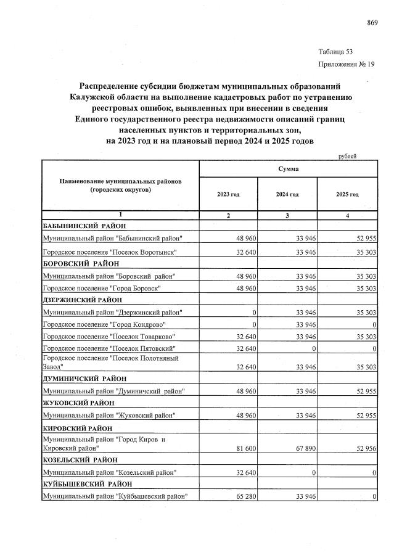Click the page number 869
pyautogui.click(x=372, y=23)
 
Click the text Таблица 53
pyautogui.click(x=336, y=51)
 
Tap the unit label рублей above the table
pyautogui.click(x=348, y=156)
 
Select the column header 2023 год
pyautogui.click(x=228, y=194)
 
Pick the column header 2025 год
pyautogui.click(x=347, y=194)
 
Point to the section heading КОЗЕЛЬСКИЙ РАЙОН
pyautogui.click(x=80, y=460)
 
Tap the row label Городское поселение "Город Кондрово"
pyautogui.click(x=104, y=324)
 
